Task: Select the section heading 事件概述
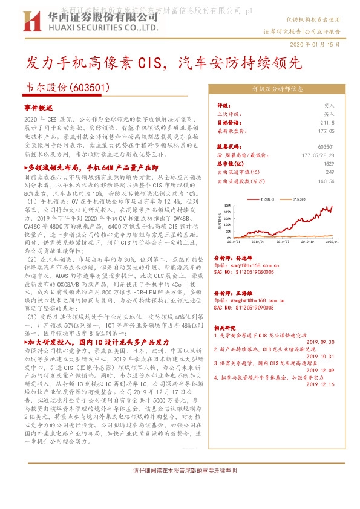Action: point(39,106)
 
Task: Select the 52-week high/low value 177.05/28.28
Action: point(318,155)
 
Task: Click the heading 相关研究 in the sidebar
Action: point(224,328)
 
